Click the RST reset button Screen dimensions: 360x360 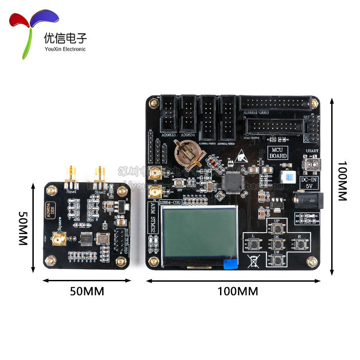(180, 183)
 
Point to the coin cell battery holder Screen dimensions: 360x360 (187, 153)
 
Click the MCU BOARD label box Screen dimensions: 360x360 (278, 153)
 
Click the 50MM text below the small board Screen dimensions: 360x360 (87, 291)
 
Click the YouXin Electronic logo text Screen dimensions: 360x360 (64, 49)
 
